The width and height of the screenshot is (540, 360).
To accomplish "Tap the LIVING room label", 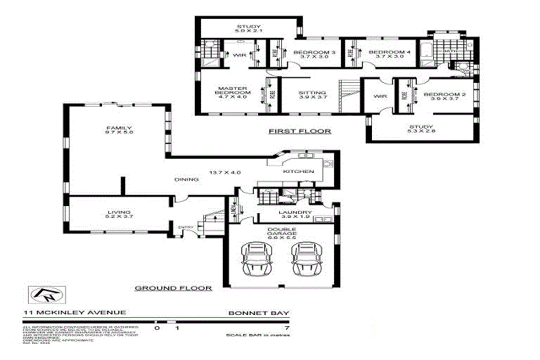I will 119,213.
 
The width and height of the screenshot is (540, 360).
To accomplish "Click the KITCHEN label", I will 292,172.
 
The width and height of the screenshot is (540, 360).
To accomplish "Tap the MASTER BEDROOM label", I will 233,91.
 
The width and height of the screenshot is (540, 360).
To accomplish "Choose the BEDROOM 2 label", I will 444,96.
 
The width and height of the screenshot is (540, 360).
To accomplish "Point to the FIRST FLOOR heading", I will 300,131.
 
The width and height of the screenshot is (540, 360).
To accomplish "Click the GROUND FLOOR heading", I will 173,288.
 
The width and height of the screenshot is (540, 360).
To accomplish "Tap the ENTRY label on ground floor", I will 186,226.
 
